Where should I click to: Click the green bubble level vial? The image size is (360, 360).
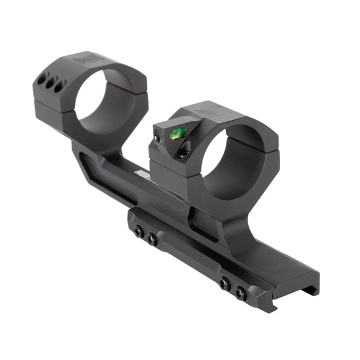point(177,131)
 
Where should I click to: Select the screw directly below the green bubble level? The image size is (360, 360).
point(182,152)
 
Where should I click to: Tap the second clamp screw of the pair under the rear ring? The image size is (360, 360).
point(152,239)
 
